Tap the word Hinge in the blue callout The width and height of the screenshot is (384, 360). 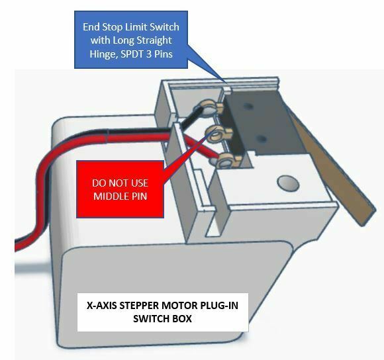click(104, 54)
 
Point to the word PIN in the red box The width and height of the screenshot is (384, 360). click(138, 197)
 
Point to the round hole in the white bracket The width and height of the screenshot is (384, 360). click(288, 183)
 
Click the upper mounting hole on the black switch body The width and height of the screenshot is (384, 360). click(248, 107)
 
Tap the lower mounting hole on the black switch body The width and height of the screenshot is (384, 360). click(262, 139)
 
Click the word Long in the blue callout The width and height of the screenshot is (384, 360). click(121, 40)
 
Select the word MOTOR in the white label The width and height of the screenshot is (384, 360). click(180, 306)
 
